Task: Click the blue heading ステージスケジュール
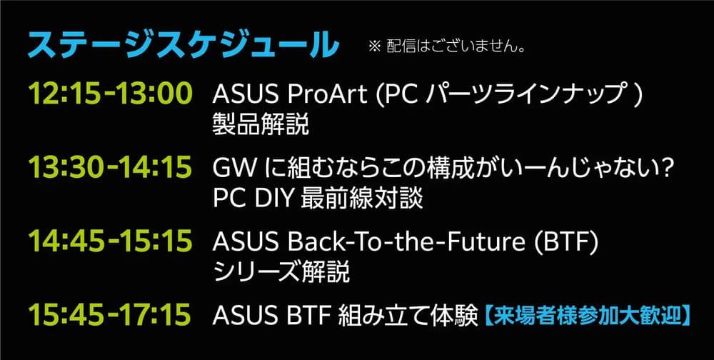[183, 45]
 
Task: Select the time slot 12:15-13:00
[110, 94]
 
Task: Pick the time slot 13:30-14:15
[110, 167]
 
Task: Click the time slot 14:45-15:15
[110, 241]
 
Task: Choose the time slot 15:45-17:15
[109, 314]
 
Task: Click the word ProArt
[327, 95]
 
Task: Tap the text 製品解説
[261, 124]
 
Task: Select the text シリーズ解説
[281, 272]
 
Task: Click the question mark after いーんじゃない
[666, 169]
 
